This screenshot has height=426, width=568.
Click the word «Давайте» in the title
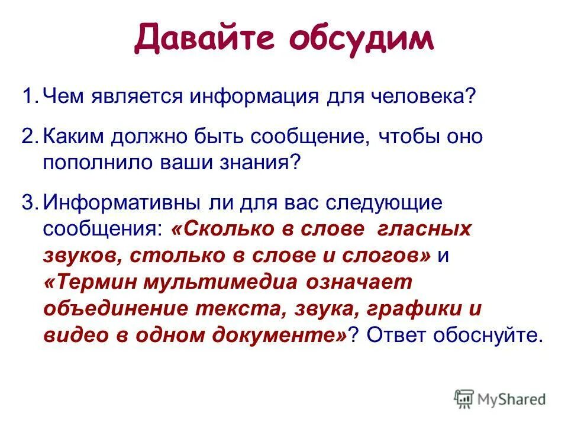pos(204,39)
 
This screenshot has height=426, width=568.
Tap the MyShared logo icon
pos(464,399)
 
